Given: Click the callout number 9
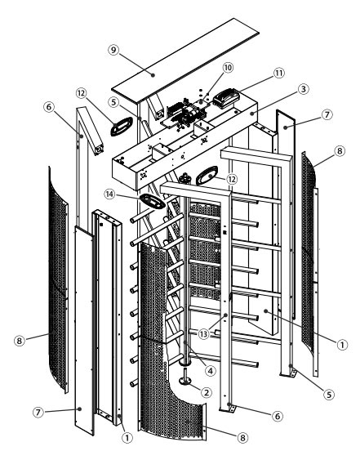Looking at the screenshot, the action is point(113,50).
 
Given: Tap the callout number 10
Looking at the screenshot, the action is point(228,68).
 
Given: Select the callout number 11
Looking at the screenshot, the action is point(279,73).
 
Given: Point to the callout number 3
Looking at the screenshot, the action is point(303,88).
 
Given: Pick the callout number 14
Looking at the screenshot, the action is point(109,194).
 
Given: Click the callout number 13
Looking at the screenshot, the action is point(203,333).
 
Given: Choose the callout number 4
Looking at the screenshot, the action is point(210,371).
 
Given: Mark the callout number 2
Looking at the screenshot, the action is point(206,392).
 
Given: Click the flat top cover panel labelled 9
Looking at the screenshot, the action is point(185,60).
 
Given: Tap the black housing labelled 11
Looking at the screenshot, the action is point(226,99).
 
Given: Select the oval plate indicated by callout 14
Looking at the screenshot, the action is point(153,201).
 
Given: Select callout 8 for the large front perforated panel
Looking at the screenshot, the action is point(242,438).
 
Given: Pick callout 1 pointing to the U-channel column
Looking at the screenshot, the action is point(127,438).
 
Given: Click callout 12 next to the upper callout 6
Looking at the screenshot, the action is point(81,93).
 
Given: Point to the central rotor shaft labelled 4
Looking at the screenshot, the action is point(185,276).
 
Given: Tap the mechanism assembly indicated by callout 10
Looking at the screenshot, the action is point(184,114).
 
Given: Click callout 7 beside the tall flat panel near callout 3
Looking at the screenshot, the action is point(327,114).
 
